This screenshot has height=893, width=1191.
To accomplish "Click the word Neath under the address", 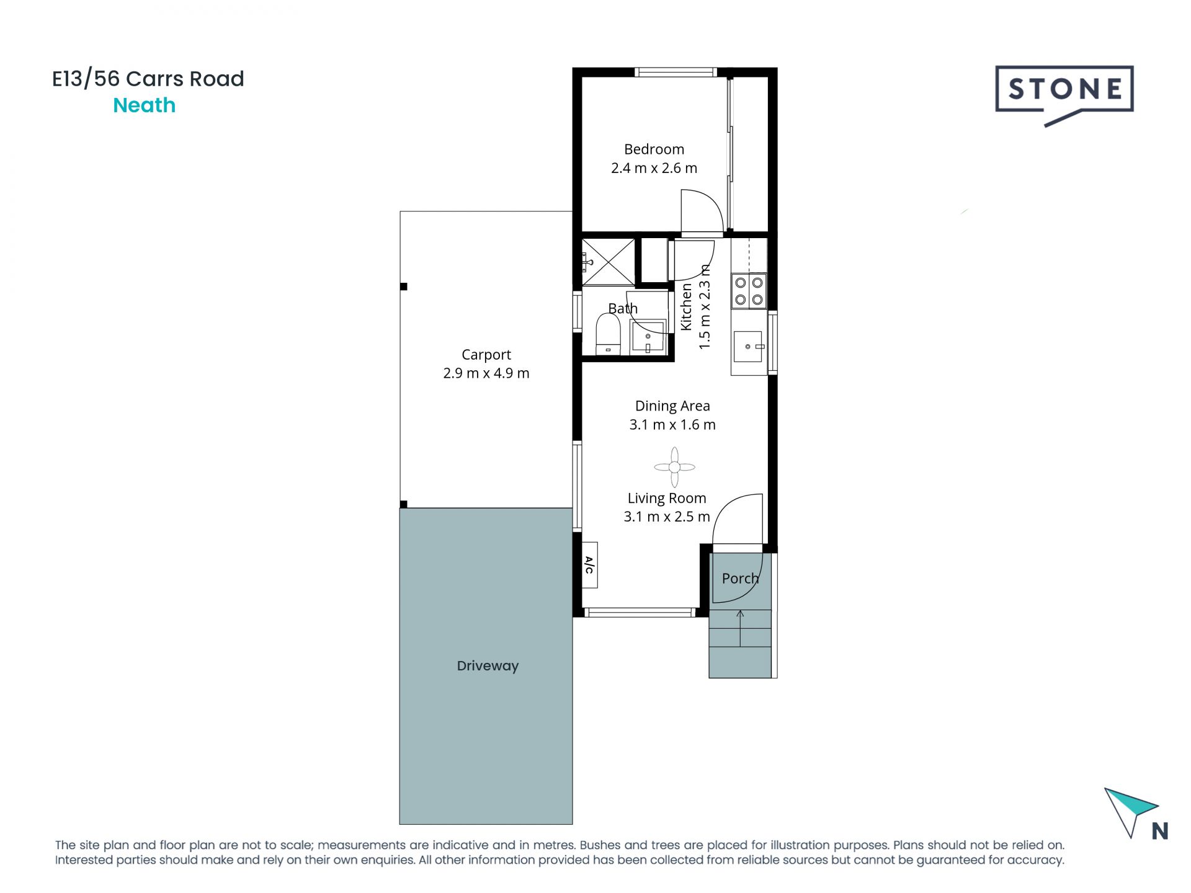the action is (144, 105).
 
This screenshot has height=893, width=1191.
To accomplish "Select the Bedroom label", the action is (654, 149).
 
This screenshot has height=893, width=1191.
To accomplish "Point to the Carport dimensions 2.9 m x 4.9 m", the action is (486, 373).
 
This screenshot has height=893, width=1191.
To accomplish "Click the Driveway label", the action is (488, 666).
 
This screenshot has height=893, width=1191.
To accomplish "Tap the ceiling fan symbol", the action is (674, 468).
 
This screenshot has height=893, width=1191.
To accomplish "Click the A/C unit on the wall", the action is (589, 565).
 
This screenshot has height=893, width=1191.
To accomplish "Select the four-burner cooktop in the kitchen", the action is (749, 291).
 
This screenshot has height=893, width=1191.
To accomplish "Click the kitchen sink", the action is (749, 347).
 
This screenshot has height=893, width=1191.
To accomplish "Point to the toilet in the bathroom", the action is (608, 334).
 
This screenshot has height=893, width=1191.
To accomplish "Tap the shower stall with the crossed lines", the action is (609, 262).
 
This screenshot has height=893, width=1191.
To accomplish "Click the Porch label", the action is (740, 579).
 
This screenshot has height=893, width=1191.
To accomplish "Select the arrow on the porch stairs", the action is (740, 628).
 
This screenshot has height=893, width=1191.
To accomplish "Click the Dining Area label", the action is (672, 406).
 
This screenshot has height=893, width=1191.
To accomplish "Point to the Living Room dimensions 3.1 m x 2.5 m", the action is (667, 517).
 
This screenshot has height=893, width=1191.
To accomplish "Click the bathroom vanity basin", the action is (648, 337).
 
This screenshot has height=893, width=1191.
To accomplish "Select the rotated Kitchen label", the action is (686, 307).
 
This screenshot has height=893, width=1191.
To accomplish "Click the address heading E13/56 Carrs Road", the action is (148, 79).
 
